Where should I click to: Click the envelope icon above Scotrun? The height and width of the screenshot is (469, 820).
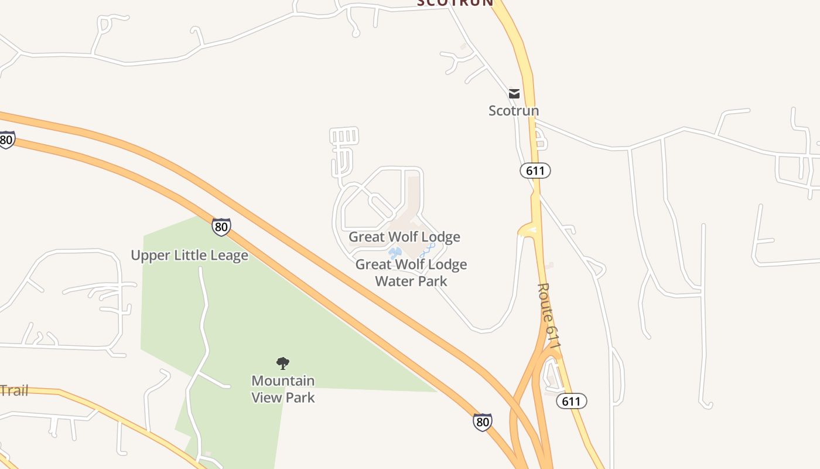(x=514, y=94)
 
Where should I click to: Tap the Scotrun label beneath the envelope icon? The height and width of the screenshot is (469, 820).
(x=514, y=111)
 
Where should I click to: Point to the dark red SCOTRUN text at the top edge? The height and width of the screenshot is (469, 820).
(x=455, y=3)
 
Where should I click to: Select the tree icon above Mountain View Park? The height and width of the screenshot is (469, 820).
(x=283, y=363)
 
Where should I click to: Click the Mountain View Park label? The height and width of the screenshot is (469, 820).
(x=283, y=389)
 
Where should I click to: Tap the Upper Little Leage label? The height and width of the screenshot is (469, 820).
(x=189, y=256)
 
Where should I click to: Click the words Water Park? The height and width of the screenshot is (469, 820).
(x=411, y=281)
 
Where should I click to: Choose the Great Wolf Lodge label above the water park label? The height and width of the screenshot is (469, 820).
(x=404, y=237)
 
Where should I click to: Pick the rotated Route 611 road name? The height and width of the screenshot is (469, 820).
(x=549, y=320)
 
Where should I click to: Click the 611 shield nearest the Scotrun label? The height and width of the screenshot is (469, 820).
(x=535, y=171)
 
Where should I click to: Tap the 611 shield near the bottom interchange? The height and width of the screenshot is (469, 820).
(x=571, y=401)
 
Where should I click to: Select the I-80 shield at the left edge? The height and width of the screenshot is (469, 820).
(x=6, y=140)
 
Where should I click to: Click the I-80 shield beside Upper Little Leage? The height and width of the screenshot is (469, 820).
(x=221, y=227)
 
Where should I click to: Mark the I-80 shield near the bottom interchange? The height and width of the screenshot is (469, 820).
(x=482, y=422)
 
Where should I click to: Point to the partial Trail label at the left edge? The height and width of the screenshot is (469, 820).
(x=14, y=391)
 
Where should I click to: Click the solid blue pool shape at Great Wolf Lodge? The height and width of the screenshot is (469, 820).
(x=394, y=253)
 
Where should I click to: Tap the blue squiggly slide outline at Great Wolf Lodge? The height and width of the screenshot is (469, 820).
(x=427, y=250)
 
